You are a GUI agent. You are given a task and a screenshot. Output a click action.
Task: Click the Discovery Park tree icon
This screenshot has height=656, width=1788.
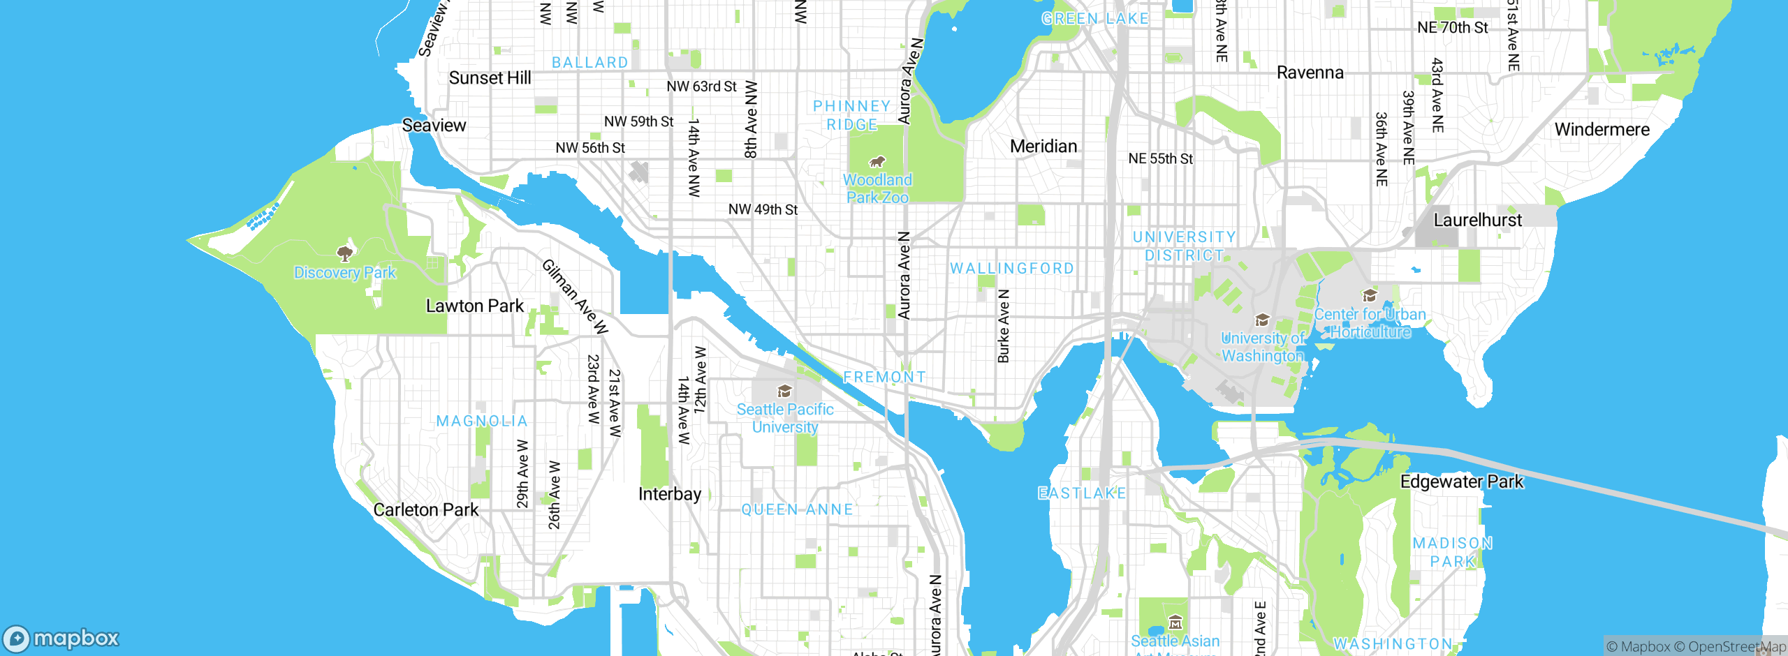[x=344, y=253]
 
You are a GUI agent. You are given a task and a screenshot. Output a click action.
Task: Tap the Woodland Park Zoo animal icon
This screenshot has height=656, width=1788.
[x=877, y=162]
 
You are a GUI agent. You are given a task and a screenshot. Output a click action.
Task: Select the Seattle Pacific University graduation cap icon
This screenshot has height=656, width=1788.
[x=784, y=391]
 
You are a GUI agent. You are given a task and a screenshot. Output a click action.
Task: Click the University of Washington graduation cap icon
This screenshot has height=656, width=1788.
[x=1262, y=320]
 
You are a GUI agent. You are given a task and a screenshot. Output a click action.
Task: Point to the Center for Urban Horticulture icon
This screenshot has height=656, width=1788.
[x=1370, y=296]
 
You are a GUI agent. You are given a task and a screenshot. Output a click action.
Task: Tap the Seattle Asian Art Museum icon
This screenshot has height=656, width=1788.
[x=1175, y=622]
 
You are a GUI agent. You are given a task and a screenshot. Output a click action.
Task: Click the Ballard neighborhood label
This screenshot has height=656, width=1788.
[x=589, y=63]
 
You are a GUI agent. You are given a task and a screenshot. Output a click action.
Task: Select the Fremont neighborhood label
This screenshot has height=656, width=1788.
[x=884, y=378]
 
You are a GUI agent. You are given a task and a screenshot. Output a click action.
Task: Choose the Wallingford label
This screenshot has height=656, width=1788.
[x=1011, y=269]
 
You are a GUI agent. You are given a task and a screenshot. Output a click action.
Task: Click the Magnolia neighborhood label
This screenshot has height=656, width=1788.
[x=482, y=422]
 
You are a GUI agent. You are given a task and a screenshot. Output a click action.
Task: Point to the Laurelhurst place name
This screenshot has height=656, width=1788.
[x=1477, y=221]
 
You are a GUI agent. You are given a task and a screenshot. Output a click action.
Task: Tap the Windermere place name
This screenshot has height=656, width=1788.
[x=1602, y=130]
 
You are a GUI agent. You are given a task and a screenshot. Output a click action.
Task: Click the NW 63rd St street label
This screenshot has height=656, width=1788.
[x=701, y=87]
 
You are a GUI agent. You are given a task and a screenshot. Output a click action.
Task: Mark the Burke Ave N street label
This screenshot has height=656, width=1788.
[x=1004, y=326]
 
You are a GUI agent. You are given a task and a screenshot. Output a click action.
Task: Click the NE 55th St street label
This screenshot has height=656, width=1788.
[x=1160, y=159]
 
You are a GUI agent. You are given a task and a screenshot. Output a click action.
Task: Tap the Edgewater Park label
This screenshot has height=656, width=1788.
[x=1461, y=482]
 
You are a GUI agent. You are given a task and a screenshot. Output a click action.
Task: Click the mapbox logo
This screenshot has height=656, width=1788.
[x=61, y=639]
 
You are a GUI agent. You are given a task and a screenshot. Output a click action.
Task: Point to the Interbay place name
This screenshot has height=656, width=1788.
[x=669, y=495]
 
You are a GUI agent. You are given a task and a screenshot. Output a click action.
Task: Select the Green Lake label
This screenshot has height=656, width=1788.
[x=1094, y=19]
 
